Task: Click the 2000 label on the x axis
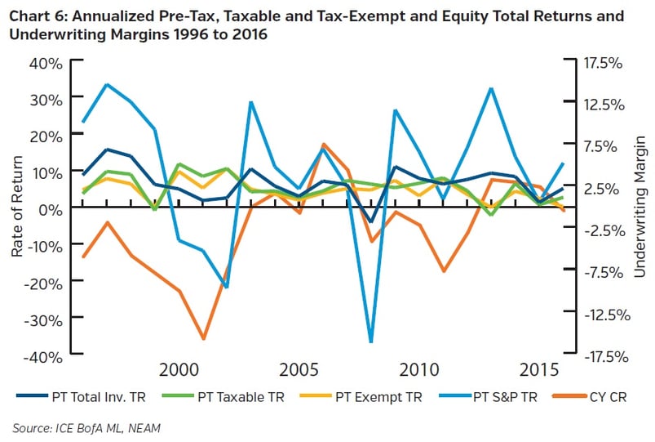179,370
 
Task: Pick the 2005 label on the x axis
299,370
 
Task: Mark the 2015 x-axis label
538,370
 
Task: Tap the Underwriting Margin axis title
640,208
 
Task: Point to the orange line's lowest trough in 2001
203,338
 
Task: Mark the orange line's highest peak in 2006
324,144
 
